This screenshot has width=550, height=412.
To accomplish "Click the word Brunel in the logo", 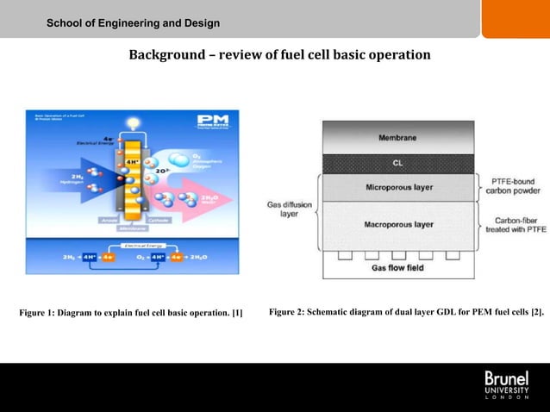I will point(506,378).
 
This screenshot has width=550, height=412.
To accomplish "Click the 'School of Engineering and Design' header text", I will point(133,22).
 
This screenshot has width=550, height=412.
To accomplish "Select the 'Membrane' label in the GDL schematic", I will point(397,138).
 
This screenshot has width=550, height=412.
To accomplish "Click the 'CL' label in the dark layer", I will point(397,162).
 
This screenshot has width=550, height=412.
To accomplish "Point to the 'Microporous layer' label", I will point(398,186).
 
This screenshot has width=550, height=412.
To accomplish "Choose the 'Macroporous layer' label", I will point(398,224).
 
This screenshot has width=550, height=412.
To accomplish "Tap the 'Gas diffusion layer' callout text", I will point(289,209).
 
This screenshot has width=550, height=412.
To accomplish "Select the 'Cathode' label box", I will point(158,219).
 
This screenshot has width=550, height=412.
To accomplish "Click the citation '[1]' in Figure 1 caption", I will point(236,311).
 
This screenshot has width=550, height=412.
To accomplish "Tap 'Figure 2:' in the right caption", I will point(287,310).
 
